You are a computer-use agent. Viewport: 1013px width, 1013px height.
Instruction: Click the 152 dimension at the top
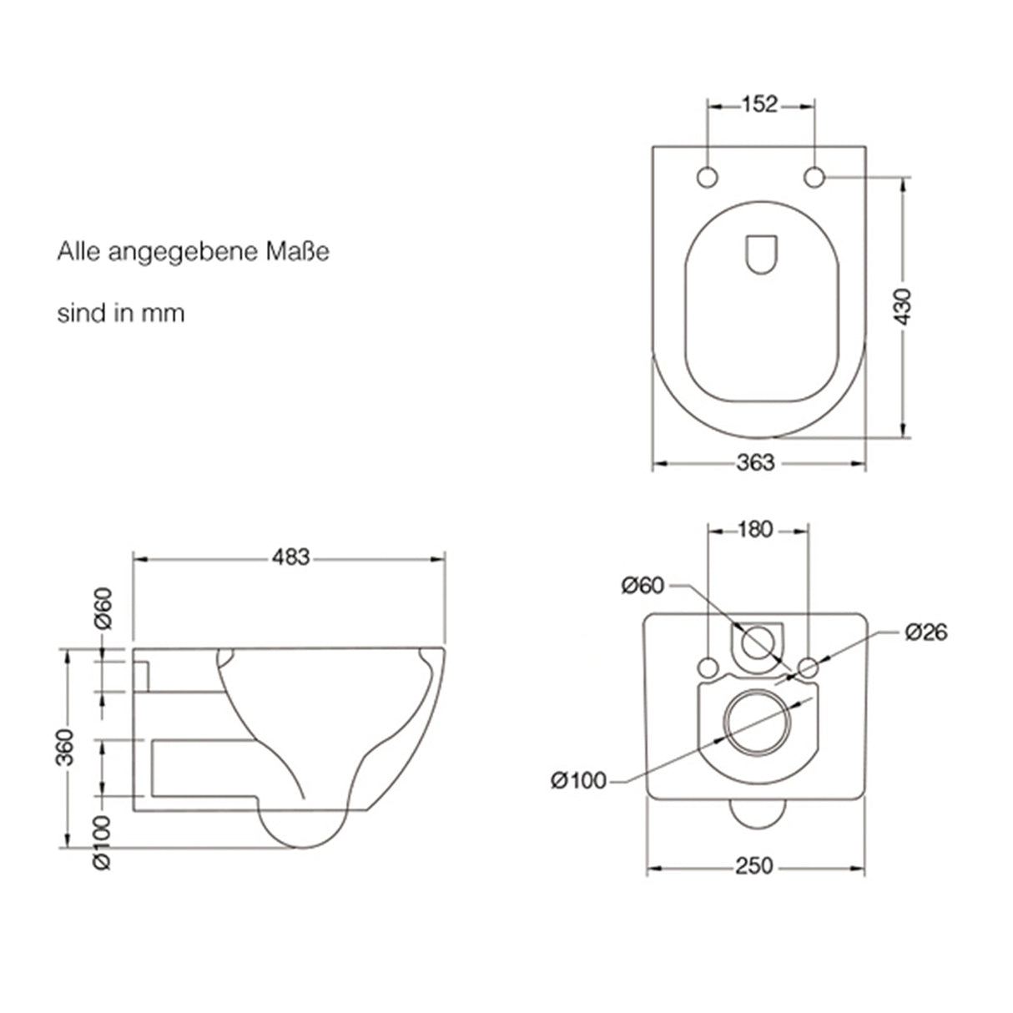pyautogui.click(x=759, y=104)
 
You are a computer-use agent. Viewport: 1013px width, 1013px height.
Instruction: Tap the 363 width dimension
pyautogui.click(x=757, y=462)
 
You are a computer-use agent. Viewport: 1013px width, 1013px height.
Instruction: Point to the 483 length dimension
pyautogui.click(x=290, y=557)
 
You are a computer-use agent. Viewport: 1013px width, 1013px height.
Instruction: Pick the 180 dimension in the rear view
pyautogui.click(x=756, y=529)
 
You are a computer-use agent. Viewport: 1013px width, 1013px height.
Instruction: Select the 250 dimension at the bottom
pyautogui.click(x=754, y=866)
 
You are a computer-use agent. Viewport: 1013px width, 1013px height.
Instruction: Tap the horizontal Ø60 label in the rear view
pyautogui.click(x=642, y=586)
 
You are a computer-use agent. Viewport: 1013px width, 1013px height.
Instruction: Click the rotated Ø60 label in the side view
pyautogui.click(x=103, y=609)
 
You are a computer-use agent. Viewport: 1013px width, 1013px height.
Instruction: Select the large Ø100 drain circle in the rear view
pyautogui.click(x=757, y=723)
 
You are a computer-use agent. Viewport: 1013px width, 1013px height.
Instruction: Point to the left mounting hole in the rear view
pyautogui.click(x=708, y=667)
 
